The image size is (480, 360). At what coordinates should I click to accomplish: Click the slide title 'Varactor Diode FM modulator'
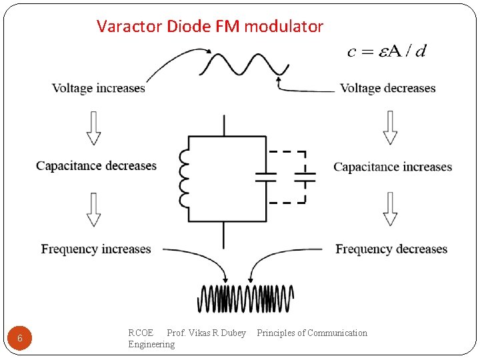209,27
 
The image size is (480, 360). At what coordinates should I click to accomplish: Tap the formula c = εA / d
387,52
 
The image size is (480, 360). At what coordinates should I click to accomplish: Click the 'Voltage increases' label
99,88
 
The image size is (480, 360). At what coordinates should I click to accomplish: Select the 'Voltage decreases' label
387,88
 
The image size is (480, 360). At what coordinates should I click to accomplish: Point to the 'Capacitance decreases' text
97,166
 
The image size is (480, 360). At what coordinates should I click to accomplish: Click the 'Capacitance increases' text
393,167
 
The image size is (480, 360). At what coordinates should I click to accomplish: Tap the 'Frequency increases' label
96,249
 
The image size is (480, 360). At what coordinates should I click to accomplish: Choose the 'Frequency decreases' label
391,249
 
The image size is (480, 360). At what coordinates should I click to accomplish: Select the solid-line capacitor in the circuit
266,177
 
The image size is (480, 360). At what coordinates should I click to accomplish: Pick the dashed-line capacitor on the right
305,177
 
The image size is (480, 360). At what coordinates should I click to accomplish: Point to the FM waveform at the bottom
246,299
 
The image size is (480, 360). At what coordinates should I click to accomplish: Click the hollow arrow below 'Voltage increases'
94,128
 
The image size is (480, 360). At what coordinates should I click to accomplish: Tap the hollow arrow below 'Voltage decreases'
391,128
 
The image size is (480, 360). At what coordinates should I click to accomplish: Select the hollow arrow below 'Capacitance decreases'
94,209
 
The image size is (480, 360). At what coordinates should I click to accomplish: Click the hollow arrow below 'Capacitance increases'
391,209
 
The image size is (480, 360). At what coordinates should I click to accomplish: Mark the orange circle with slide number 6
20,339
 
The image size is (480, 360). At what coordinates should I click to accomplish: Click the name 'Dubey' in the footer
232,333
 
